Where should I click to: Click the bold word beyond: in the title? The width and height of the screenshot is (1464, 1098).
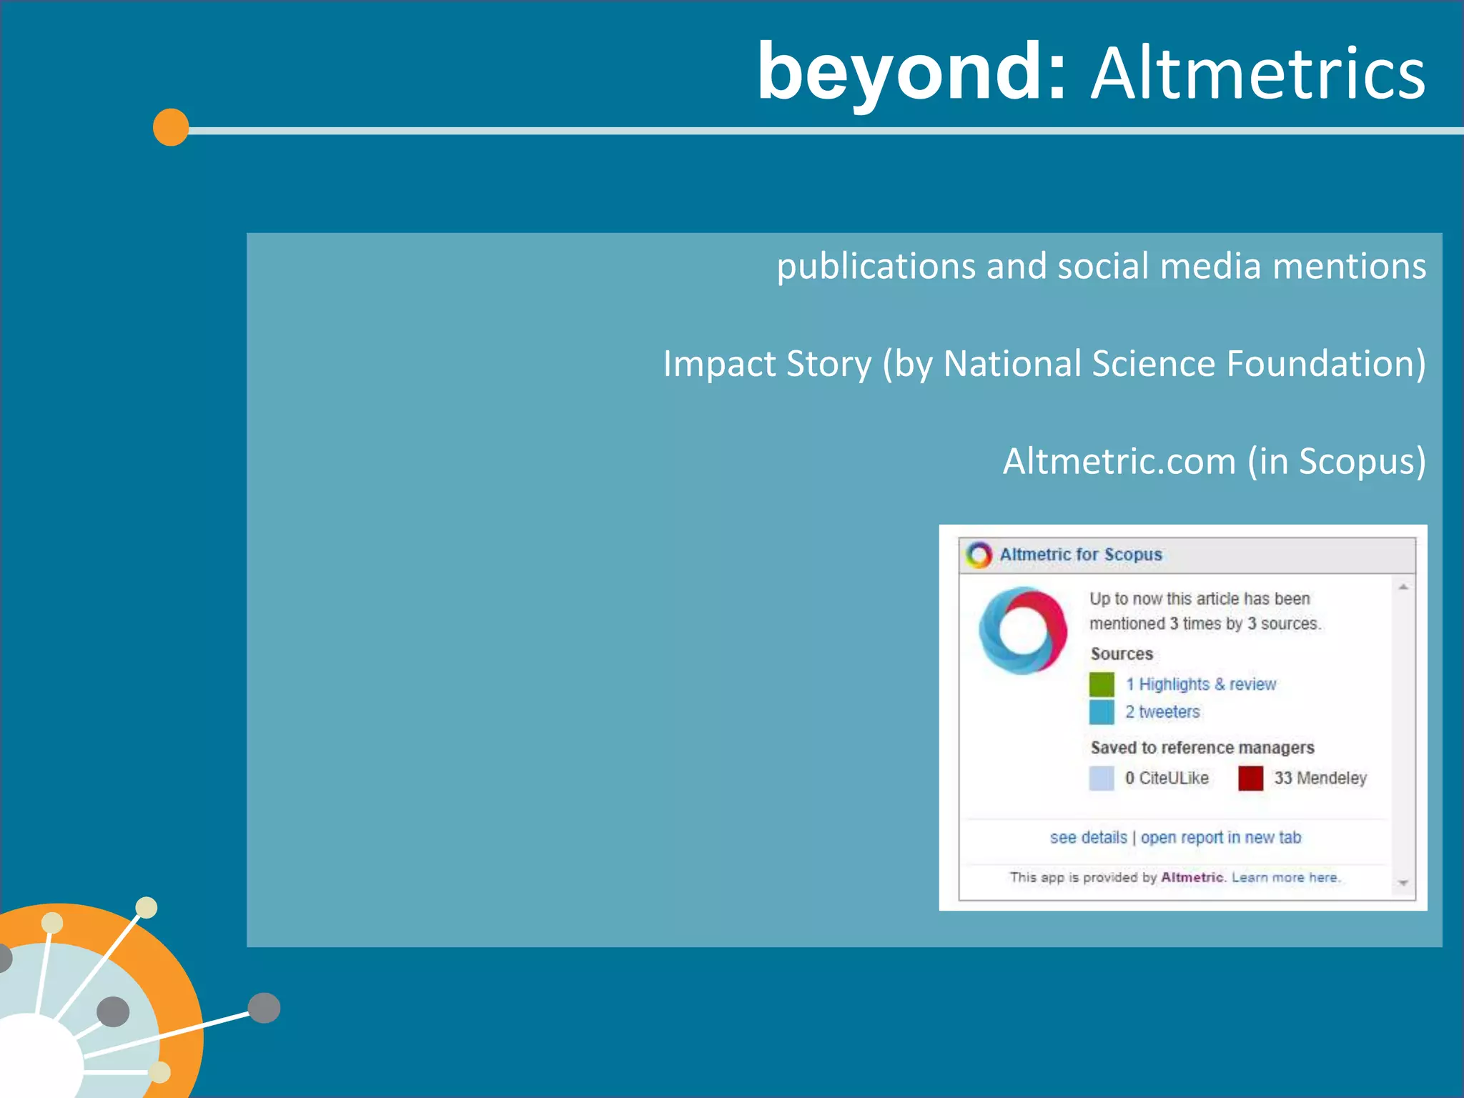click(911, 73)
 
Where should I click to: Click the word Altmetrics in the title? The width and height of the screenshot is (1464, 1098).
click(1258, 74)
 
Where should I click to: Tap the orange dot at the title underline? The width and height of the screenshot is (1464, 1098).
click(171, 128)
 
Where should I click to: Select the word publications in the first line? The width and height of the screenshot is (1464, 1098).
click(876, 267)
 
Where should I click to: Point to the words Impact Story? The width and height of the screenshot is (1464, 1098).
click(767, 364)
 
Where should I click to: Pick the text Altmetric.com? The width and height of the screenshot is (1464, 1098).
click(1119, 461)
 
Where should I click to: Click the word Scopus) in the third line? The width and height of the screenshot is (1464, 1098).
click(1362, 461)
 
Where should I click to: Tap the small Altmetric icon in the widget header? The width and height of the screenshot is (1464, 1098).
click(979, 555)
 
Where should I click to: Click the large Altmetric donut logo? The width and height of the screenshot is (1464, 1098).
click(1023, 630)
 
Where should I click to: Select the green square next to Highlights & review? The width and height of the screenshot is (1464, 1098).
click(1102, 684)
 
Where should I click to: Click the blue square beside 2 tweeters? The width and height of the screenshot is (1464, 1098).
click(1102, 712)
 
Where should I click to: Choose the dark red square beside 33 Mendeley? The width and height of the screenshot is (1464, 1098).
click(1250, 778)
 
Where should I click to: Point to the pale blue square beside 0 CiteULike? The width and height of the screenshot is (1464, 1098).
click(1102, 778)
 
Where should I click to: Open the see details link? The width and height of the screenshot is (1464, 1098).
click(1088, 838)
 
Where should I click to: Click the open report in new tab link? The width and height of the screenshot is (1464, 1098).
click(1221, 838)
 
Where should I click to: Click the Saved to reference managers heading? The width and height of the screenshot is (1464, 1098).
click(1202, 748)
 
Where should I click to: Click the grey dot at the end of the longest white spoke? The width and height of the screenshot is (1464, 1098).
click(264, 1008)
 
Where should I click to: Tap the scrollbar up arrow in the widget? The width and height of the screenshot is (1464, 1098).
click(1403, 587)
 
